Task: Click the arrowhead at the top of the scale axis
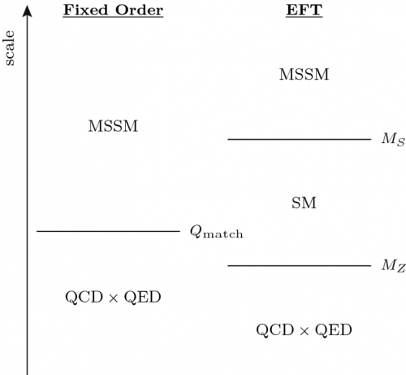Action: tap(27, 11)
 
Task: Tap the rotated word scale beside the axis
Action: tap(10, 48)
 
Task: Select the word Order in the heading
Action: tap(139, 11)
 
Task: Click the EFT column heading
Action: tap(304, 11)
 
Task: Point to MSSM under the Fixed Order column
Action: tap(113, 126)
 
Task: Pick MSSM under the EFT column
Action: tap(304, 74)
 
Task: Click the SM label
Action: tap(304, 203)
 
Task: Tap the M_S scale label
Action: tap(393, 139)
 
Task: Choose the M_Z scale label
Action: tap(394, 265)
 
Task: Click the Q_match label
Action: tap(216, 233)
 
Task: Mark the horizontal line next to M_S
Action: tap(300, 139)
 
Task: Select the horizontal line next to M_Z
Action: tap(300, 266)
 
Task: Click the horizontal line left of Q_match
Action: tap(108, 231)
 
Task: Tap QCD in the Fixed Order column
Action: tap(84, 297)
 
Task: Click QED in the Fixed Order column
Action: tap(143, 297)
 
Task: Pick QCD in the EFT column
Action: tap(275, 330)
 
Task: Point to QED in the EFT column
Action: tap(334, 330)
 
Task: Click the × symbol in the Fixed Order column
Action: tap(114, 298)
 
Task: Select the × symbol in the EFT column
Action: tap(304, 331)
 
